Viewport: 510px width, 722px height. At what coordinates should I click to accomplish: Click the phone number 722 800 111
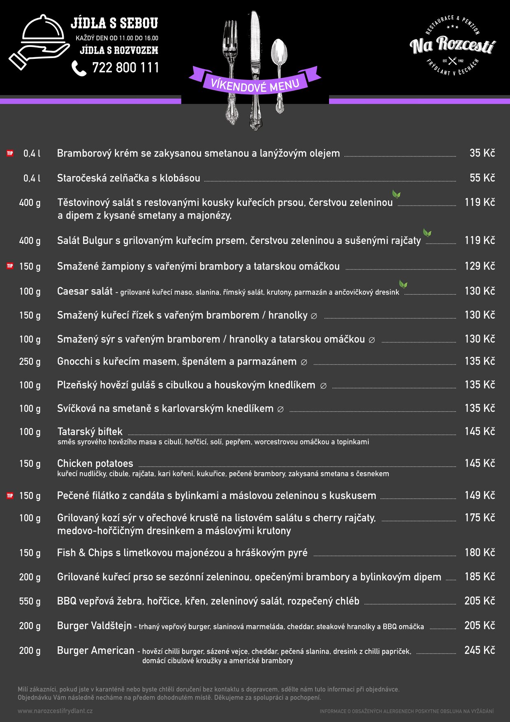click(x=125, y=68)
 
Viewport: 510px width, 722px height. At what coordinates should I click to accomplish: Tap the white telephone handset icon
click(x=79, y=68)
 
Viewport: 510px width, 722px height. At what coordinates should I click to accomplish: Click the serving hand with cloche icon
click(x=39, y=42)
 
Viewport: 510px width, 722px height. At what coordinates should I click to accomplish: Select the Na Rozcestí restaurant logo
click(x=452, y=45)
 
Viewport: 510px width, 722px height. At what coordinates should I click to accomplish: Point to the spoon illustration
click(x=279, y=74)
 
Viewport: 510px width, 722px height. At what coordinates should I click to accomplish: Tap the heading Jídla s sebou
click(x=114, y=23)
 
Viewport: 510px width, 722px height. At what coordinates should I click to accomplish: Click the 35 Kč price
click(x=482, y=153)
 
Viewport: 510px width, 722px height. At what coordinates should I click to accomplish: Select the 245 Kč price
click(x=480, y=650)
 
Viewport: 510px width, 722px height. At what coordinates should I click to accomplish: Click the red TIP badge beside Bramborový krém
click(x=10, y=154)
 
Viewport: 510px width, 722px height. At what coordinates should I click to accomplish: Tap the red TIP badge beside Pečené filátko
click(x=10, y=496)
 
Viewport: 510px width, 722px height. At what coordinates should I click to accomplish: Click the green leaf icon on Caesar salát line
click(x=403, y=284)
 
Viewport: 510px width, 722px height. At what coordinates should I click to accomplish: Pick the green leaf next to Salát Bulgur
click(x=428, y=233)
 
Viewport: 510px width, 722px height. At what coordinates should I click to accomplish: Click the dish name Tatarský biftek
click(x=90, y=432)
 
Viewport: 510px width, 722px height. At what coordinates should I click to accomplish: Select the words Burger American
click(x=96, y=650)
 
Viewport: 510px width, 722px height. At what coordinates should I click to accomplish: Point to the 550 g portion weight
click(x=30, y=601)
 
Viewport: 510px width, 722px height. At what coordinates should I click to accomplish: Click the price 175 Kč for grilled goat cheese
click(x=480, y=518)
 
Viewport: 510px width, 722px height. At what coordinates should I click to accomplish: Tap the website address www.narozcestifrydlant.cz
click(x=55, y=711)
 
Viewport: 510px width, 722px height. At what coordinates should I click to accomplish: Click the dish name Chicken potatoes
click(x=95, y=463)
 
